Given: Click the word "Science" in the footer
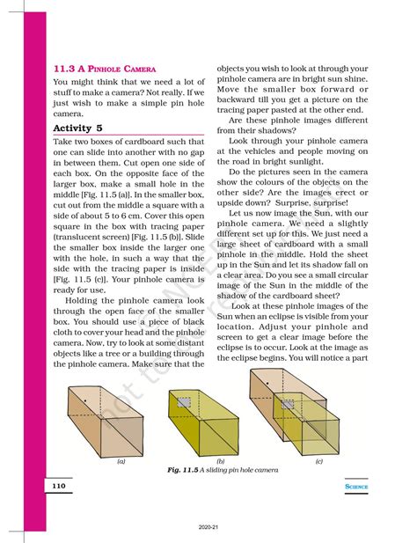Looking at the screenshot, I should [356, 486].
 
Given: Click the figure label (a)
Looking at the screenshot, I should [120, 460].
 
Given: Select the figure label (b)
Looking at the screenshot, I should [220, 460].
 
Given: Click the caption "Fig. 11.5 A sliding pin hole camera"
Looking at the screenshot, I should [223, 470].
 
